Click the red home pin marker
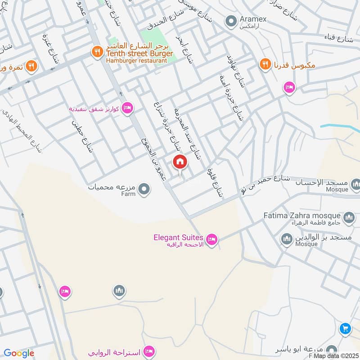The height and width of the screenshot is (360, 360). click(180, 162)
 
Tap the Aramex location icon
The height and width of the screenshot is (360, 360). click(231, 21)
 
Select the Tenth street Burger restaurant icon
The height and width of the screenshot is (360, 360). click(97, 52)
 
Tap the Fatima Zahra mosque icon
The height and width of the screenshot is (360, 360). click(349, 218)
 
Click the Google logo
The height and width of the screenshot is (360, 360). click(19, 353)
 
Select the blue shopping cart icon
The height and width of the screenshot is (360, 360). click(345, 329)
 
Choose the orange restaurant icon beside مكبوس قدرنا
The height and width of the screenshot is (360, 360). click(265, 65)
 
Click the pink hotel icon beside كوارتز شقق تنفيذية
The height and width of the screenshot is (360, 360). click(127, 108)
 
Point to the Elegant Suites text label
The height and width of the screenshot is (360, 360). click(179, 237)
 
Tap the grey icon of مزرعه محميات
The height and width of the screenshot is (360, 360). click(144, 189)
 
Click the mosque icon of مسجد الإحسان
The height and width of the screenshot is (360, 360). click(355, 184)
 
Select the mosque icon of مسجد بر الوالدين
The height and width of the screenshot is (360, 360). click(287, 239)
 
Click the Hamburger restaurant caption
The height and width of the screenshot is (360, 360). click(133, 60)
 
